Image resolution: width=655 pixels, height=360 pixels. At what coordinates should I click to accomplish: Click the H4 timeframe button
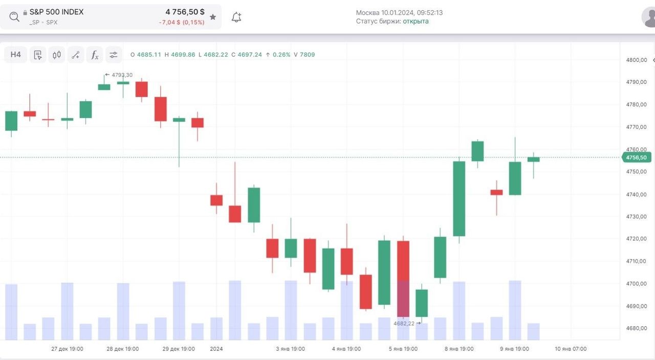click(16, 55)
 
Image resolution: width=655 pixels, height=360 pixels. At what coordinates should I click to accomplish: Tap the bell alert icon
click(236, 17)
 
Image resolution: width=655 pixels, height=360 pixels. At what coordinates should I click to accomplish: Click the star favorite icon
click(213, 17)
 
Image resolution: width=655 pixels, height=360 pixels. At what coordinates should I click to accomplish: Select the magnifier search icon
click(14, 17)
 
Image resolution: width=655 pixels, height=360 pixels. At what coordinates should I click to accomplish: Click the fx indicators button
click(95, 55)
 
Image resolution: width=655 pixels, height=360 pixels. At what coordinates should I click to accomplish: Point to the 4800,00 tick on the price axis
click(636, 60)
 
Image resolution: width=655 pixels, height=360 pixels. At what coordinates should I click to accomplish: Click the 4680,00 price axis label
click(636, 328)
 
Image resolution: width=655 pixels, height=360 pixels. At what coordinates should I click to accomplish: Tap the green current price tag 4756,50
click(636, 157)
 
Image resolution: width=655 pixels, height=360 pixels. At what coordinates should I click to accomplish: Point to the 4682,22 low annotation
click(404, 324)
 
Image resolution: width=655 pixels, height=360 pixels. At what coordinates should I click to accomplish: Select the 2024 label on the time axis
click(217, 349)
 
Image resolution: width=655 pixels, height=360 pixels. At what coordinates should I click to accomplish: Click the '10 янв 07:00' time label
click(571, 349)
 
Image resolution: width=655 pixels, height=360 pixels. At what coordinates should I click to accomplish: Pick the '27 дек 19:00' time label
click(67, 349)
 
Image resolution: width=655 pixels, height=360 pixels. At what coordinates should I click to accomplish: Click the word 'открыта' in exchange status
click(416, 21)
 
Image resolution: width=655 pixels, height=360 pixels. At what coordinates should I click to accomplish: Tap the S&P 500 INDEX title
click(56, 12)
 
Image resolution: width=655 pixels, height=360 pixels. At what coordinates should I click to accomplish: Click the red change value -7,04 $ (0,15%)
click(182, 22)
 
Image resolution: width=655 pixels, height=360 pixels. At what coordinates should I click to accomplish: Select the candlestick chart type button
click(57, 55)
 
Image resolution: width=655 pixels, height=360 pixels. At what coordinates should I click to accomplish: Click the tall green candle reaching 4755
click(459, 198)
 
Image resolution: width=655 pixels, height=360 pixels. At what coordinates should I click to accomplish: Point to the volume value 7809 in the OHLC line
click(308, 55)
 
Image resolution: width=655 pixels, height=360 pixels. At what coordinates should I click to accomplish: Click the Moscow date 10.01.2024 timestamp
click(399, 12)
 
